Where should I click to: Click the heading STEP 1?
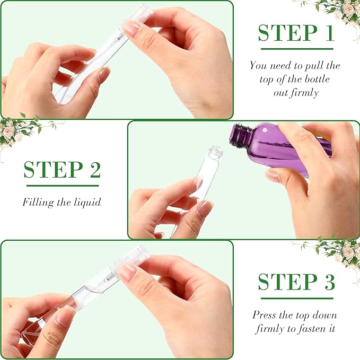coord(296,33)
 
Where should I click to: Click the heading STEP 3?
coord(296,282)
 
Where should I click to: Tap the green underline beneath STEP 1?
coord(296,49)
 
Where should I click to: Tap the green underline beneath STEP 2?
coord(63,186)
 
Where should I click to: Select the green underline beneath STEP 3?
coord(296,297)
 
